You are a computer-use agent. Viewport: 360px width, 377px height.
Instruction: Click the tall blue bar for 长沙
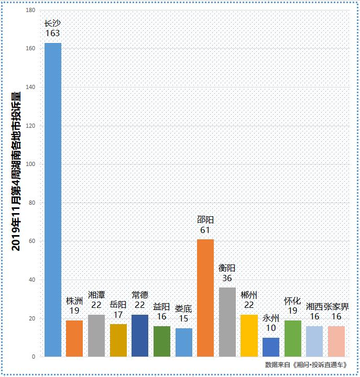[x=52, y=199]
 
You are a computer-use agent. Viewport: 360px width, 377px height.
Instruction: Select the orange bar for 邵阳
[x=205, y=298]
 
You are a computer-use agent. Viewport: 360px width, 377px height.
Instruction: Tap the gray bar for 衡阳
[x=227, y=322]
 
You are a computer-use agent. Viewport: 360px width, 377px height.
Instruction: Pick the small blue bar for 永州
[x=271, y=347]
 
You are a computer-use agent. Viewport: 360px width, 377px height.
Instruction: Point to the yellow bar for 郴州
[x=249, y=336]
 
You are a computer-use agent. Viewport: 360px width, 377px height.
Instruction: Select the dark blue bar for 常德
[x=140, y=336]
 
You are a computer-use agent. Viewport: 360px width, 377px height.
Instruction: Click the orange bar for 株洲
[x=74, y=338]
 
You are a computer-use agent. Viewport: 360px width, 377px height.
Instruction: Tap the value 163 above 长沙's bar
[x=52, y=34]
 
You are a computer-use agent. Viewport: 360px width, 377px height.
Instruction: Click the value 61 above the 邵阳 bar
[x=205, y=230]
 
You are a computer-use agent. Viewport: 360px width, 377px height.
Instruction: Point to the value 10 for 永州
[x=271, y=328]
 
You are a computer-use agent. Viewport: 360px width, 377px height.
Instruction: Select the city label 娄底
[x=183, y=308]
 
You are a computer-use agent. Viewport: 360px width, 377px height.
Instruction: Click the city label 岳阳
[x=118, y=304]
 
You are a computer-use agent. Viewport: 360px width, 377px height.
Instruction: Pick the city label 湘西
[x=314, y=306]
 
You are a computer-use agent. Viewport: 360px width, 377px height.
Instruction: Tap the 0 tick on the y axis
[x=34, y=357]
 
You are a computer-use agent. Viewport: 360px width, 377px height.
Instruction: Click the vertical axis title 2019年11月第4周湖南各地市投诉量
[x=16, y=171]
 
